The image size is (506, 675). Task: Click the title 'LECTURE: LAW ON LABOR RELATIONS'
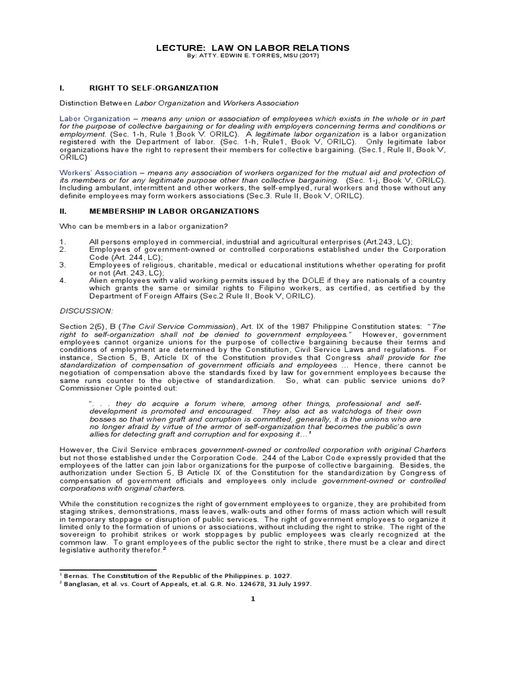coord(252,48)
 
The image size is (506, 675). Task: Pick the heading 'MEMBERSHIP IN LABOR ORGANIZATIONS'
coord(167,211)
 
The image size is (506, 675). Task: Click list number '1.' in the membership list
coord(63,242)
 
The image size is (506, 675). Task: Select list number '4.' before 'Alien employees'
coord(63,279)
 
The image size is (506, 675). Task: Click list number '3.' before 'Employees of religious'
coord(63,264)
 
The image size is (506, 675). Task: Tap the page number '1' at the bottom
coord(252,599)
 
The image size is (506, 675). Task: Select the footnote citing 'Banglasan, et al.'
coord(186,584)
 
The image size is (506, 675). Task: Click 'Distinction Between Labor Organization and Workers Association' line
coord(179,103)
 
